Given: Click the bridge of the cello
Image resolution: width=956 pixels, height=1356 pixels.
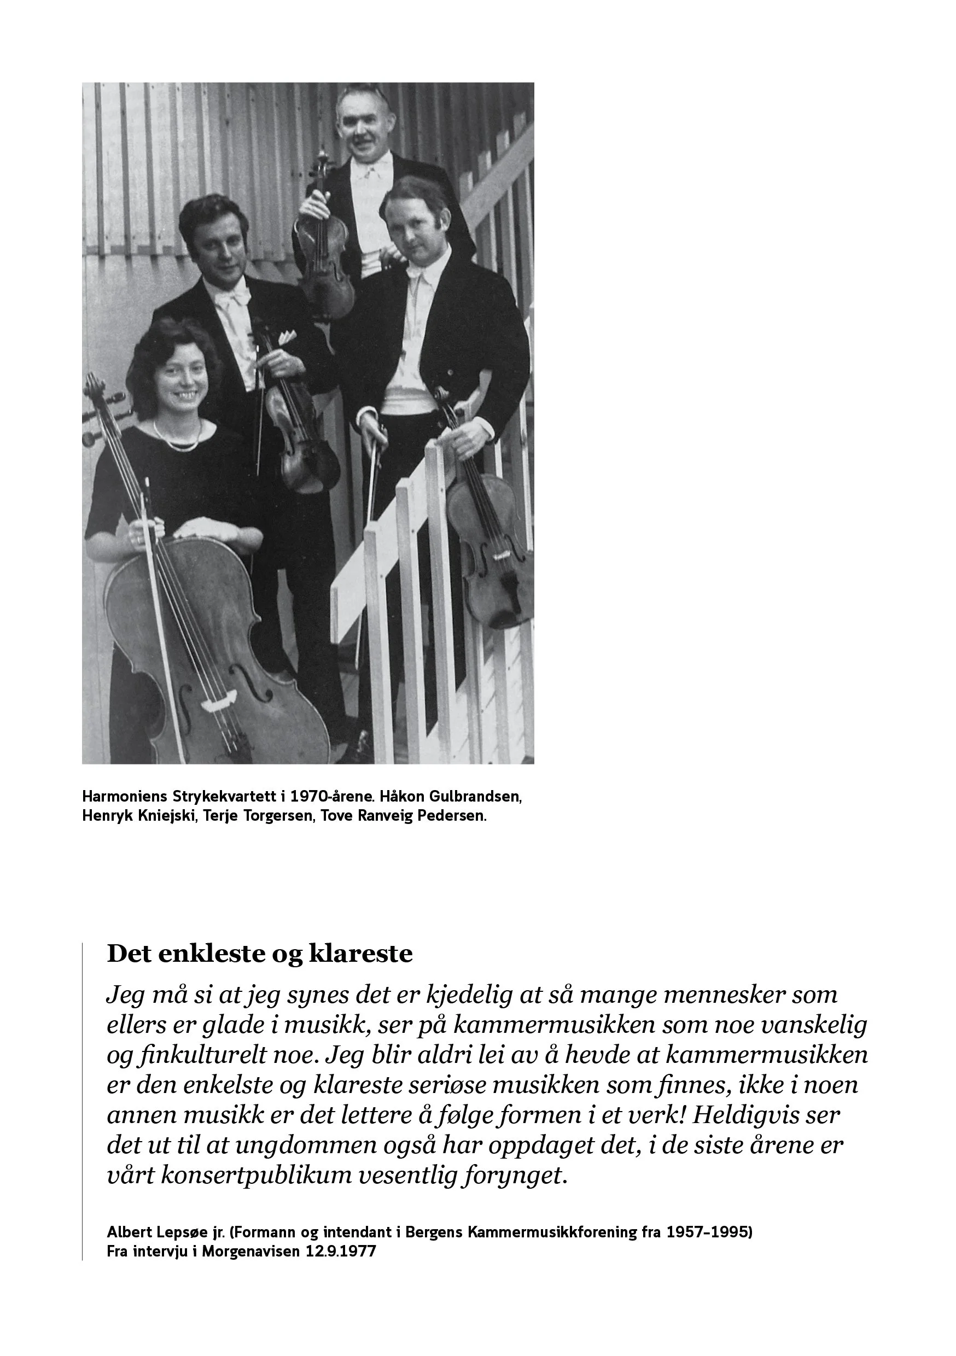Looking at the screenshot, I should [x=216, y=705].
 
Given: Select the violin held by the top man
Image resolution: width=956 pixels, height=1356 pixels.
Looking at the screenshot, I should [x=323, y=248].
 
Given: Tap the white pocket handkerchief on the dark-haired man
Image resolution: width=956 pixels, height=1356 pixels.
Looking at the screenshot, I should [x=287, y=337].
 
